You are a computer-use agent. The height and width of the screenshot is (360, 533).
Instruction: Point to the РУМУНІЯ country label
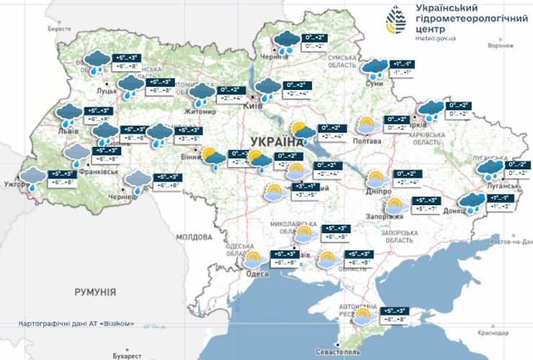[94, 292]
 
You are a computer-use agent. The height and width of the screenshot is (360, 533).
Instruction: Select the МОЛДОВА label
[194, 236]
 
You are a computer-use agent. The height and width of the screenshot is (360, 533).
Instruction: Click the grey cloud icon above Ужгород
[32, 177]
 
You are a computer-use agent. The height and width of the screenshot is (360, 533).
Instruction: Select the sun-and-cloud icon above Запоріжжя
[394, 207]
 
